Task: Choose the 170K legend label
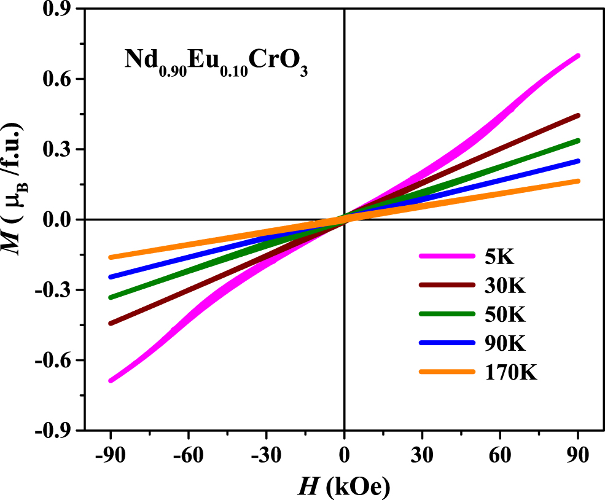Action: coord(510,372)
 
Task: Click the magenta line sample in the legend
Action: coord(447,257)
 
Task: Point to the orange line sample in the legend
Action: coord(447,372)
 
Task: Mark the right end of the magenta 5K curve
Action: coord(577,56)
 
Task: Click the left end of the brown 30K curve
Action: coord(111,323)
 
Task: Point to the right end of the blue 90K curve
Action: coord(577,161)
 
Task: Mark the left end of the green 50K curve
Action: coord(111,297)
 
